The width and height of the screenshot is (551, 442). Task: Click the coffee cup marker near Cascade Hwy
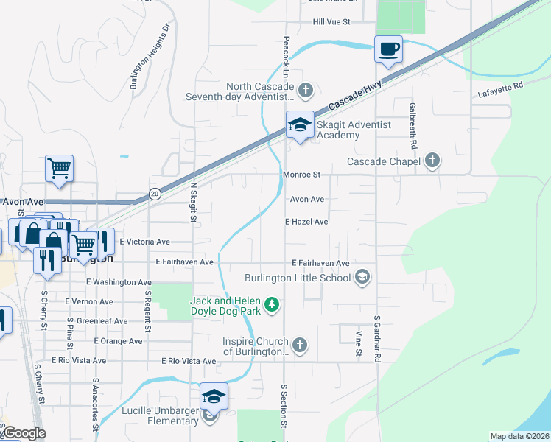click(388, 50)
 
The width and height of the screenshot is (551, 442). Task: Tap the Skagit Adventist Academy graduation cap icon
click(300, 125)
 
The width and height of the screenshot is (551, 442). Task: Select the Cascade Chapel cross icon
click(432, 161)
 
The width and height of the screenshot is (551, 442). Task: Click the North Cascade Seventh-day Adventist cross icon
click(306, 91)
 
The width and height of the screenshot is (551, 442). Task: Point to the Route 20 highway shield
click(155, 194)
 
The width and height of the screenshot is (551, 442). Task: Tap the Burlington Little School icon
click(362, 277)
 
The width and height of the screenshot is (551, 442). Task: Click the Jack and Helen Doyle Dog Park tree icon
click(273, 304)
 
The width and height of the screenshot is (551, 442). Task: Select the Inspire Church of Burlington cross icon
click(299, 345)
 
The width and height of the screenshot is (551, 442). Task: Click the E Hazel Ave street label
click(306, 222)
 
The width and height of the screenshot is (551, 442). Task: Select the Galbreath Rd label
click(412, 119)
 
